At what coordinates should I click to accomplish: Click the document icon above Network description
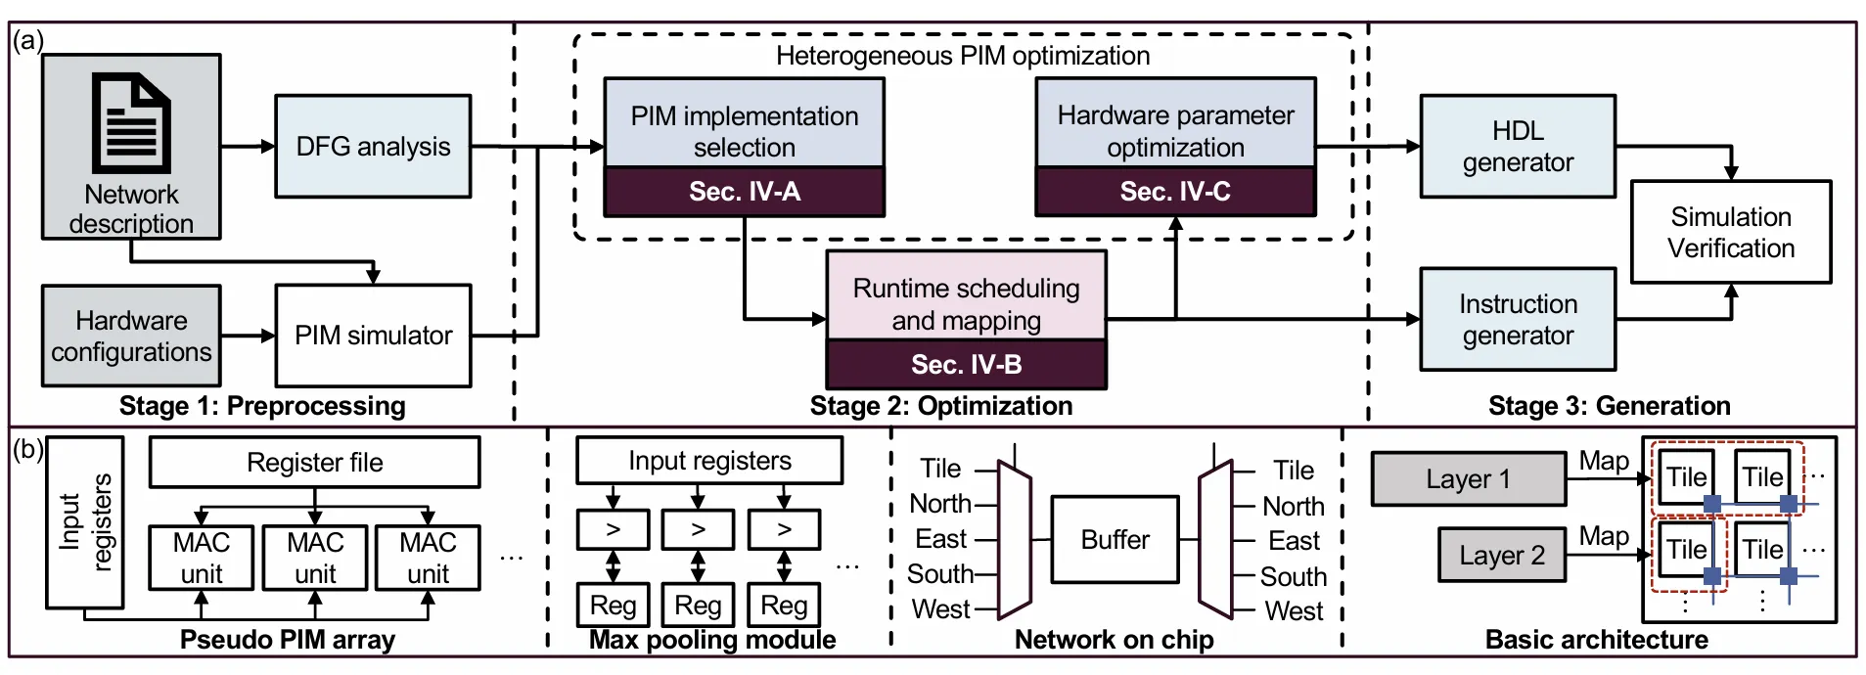[131, 122]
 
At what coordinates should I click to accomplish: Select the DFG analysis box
[373, 147]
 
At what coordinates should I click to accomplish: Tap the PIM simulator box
[373, 336]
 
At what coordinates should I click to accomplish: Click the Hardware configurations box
[131, 336]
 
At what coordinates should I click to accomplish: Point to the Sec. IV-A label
[745, 192]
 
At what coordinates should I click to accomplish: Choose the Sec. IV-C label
[1175, 192]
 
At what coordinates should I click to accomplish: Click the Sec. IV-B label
[967, 365]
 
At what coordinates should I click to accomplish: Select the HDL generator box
[1518, 147]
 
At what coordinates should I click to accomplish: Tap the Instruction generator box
[1518, 320]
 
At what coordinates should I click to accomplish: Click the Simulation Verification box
[1731, 233]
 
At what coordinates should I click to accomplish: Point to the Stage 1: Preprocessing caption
[262, 406]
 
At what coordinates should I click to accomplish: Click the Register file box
[315, 463]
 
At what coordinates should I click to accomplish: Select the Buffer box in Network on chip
[1115, 540]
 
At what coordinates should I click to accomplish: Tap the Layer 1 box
[1468, 479]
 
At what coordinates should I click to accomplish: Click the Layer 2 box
[1502, 556]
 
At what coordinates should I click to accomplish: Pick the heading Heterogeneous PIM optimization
[963, 56]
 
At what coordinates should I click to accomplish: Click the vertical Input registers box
[85, 522]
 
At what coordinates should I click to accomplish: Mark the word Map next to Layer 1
[1604, 461]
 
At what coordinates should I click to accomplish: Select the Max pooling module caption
[712, 640]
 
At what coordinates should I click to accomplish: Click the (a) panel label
[28, 41]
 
